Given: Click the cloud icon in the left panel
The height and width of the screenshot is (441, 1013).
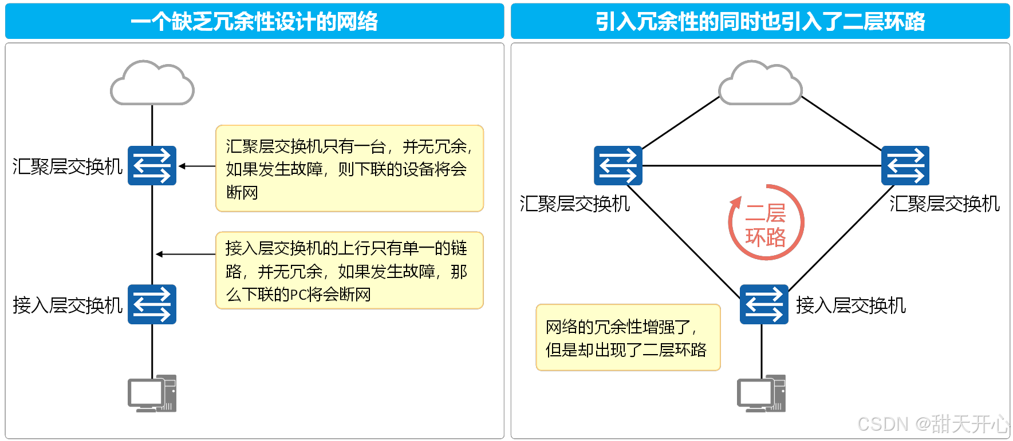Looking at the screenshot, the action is [152, 84].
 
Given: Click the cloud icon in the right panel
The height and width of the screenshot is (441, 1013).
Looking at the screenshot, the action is [760, 84].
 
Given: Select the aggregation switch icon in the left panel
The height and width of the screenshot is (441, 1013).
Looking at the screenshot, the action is [152, 166].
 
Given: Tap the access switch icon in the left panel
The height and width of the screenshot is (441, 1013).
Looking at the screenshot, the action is [152, 304].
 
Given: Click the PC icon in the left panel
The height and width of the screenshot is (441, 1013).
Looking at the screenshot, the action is [152, 394].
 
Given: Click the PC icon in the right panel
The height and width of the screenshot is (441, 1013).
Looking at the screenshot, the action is [761, 394].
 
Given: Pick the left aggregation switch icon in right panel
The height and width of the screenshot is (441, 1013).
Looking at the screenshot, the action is [618, 166].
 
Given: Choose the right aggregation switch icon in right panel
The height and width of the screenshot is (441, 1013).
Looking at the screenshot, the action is [905, 166].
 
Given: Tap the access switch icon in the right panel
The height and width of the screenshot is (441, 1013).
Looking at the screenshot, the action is [764, 304].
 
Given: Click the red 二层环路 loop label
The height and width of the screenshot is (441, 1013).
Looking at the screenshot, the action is [766, 225].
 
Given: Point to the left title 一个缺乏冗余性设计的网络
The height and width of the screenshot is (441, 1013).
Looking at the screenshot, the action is [254, 22].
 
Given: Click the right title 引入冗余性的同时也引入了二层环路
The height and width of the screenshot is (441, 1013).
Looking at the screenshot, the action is [760, 22].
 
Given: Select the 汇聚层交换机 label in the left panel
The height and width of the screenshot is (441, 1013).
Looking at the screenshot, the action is [68, 166].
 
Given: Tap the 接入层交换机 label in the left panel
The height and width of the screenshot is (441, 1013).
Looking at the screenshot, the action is [68, 305].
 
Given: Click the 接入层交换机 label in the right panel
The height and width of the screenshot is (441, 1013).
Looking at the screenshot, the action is [850, 305].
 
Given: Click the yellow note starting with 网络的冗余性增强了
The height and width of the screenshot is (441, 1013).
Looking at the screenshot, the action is [628, 337].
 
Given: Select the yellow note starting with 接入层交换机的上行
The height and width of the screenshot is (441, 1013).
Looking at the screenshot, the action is [349, 271].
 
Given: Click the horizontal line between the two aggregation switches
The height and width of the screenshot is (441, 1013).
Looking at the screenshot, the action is [762, 166].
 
